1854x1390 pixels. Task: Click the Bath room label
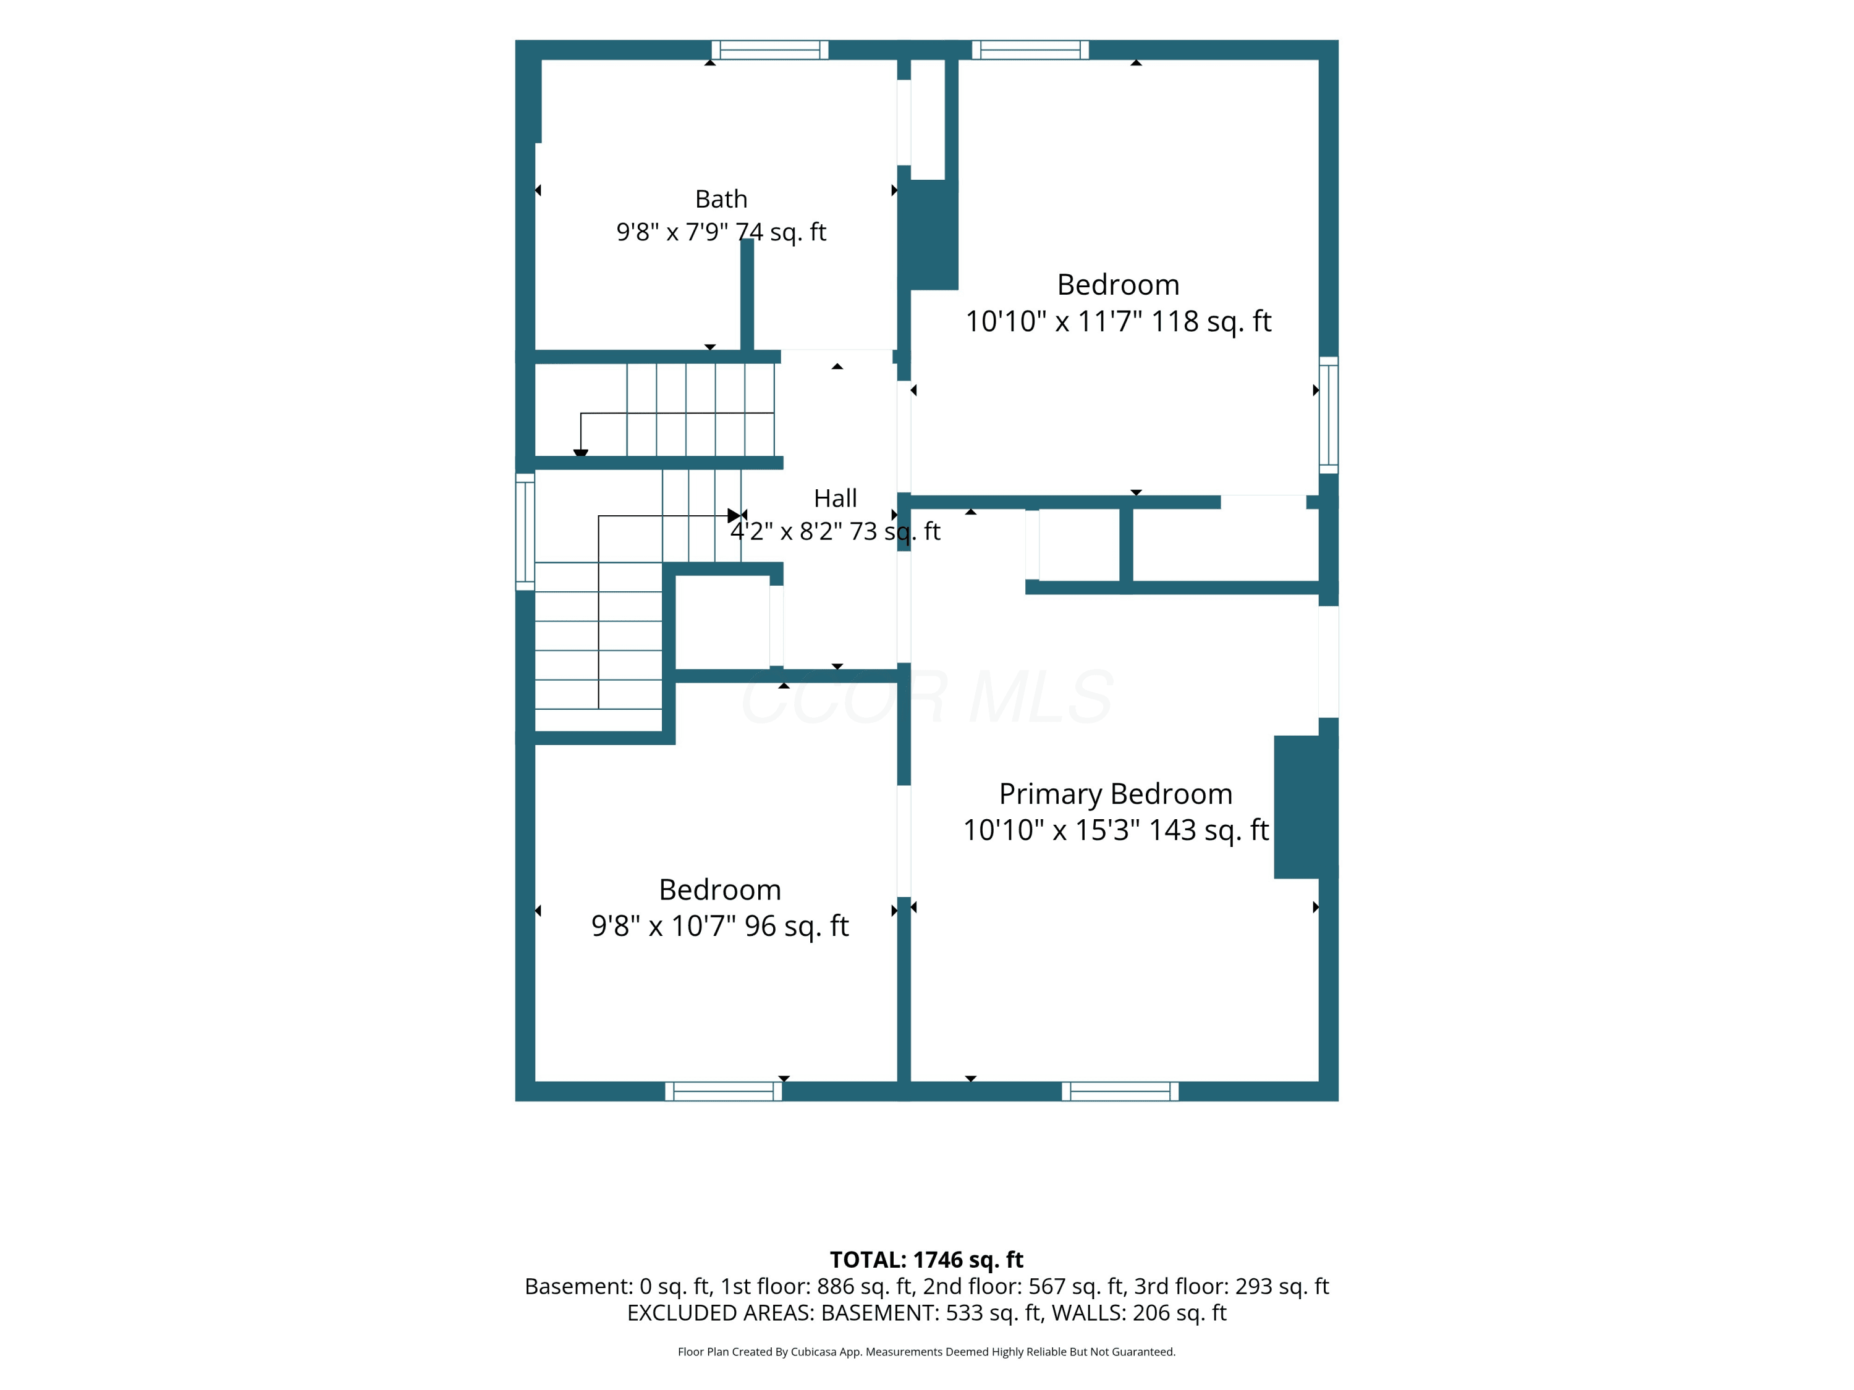721,200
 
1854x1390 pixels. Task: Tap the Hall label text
835,499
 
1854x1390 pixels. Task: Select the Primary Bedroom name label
1115,793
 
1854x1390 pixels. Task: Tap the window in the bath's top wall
770,50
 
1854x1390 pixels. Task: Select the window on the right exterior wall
1329,416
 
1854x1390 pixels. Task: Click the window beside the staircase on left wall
525,532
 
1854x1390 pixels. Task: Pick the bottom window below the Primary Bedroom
1120,1091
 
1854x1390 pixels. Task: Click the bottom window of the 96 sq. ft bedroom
723,1091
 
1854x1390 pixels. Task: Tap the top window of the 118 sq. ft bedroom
1030,50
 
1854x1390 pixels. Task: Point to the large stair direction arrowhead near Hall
734,515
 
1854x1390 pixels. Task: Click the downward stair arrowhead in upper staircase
581,453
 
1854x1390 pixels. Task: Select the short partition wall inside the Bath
747,295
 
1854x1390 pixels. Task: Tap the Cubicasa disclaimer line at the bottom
926,1352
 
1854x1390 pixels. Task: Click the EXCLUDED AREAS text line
926,1312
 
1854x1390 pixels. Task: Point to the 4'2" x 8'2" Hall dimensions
835,531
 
